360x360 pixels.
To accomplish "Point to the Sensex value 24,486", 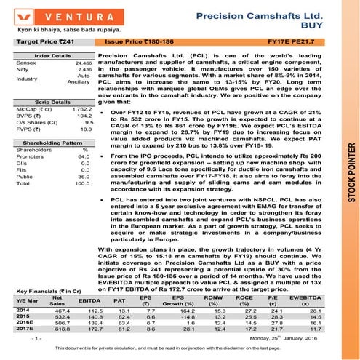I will pyautogui.click(x=81, y=64).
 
